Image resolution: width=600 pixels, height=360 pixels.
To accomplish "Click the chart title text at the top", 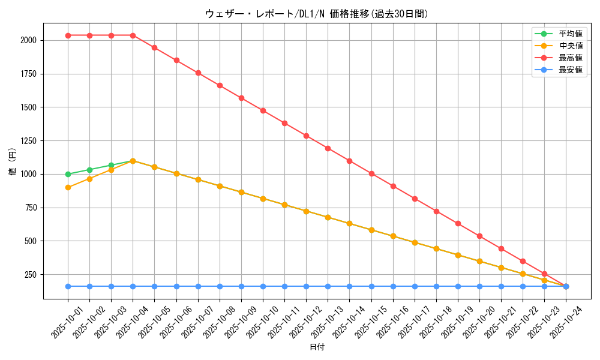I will tap(316, 14).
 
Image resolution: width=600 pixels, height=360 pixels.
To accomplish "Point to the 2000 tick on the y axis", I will tap(28, 40).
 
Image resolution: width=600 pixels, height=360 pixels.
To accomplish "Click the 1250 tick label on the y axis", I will tap(28, 141).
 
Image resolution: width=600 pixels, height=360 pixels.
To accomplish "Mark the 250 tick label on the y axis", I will tap(31, 275).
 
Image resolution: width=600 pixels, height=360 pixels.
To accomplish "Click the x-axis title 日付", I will tap(316, 347).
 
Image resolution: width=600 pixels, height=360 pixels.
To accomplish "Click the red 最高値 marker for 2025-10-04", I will tap(133, 35).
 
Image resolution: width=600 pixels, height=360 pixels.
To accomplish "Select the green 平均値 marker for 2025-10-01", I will tap(68, 174).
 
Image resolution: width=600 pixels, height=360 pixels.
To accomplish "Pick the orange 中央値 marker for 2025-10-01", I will tap(68, 187).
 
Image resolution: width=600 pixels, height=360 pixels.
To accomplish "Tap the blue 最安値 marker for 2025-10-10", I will tap(263, 286).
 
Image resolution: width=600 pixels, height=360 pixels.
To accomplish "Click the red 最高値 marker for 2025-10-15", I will tap(371, 173).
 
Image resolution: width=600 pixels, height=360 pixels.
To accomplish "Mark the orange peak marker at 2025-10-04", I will tap(133, 161).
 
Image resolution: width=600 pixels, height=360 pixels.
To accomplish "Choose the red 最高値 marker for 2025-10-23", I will tap(544, 274).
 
